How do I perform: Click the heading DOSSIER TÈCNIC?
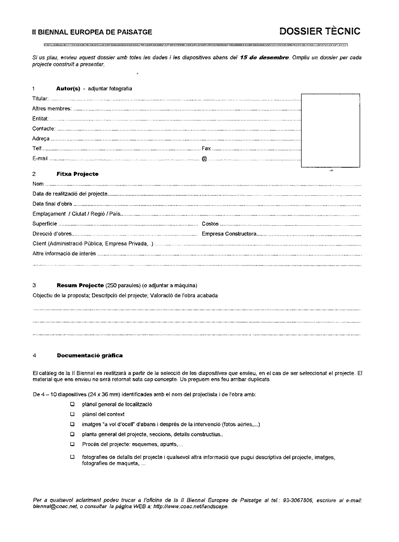point(320,31)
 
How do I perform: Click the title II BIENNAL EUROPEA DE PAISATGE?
point(92,32)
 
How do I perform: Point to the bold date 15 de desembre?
point(264,58)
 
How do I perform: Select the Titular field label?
point(40,99)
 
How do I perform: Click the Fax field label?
point(206,149)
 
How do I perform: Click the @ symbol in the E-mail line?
point(204,158)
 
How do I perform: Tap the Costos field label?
point(210,224)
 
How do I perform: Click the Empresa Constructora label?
point(229,234)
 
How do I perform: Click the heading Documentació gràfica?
point(90,356)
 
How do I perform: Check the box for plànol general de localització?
point(72,404)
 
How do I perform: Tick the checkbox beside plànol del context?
point(72,414)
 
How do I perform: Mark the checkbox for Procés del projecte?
point(72,444)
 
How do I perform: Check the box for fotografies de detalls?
point(72,457)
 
